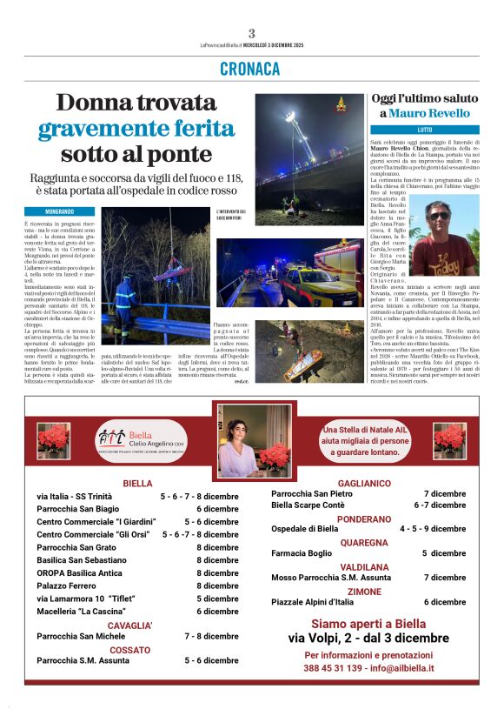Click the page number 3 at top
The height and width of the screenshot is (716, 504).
[x=251, y=33]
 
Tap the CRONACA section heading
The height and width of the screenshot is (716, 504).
[x=251, y=69]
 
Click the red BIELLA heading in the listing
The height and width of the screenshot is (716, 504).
[x=137, y=483]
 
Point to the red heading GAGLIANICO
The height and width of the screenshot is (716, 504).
[x=363, y=483]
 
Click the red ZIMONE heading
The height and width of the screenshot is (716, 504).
[x=364, y=591]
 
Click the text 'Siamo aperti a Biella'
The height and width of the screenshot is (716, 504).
[x=368, y=624]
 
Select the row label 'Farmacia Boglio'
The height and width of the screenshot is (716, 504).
[x=302, y=552]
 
